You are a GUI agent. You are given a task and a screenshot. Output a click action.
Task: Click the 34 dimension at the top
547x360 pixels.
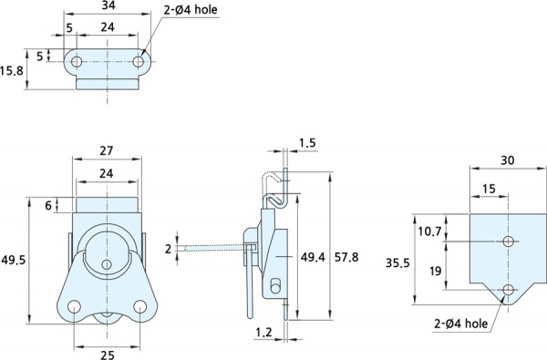coord(108,6)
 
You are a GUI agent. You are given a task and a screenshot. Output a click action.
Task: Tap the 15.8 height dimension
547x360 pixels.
coord(12,71)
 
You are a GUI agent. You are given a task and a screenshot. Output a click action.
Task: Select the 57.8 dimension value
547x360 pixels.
coord(346,257)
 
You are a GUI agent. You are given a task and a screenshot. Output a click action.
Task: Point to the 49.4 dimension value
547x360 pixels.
coord(313,257)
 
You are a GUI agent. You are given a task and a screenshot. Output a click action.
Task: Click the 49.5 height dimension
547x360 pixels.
coord(14,260)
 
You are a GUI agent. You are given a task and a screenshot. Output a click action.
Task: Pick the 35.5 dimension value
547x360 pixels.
coord(397,262)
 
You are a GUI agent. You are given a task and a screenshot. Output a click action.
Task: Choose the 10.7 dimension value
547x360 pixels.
coord(429,231)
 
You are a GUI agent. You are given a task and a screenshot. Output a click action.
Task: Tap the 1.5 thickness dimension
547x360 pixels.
coord(307,143)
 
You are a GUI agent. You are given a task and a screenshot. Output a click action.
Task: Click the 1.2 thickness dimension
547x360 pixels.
coord(263,333)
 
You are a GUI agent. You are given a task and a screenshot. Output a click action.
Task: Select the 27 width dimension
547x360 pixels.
coord(107,150)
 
